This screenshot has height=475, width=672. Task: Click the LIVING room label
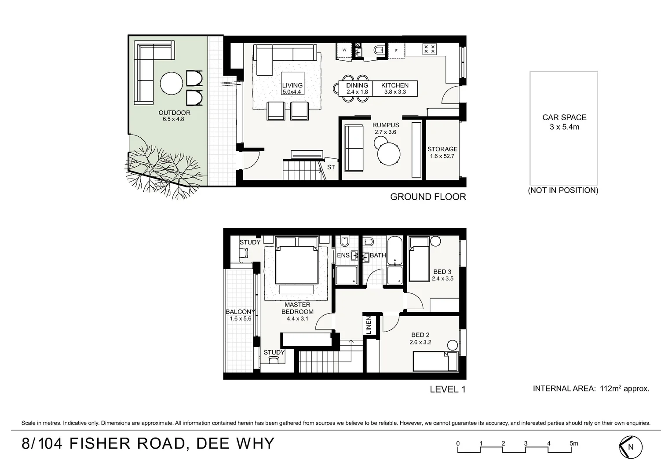click(x=292, y=85)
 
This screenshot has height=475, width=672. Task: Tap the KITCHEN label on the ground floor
click(x=395, y=85)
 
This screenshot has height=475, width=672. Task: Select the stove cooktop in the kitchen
click(x=429, y=49)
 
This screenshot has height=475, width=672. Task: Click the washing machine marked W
click(x=345, y=51)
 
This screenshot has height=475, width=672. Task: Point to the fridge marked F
click(x=396, y=51)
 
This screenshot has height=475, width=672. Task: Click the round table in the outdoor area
click(x=172, y=83)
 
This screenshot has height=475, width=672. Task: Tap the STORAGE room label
click(x=442, y=149)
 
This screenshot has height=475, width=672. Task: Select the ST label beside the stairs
click(x=331, y=167)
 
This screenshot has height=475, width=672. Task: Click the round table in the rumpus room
click(x=389, y=153)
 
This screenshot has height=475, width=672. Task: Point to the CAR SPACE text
click(x=564, y=117)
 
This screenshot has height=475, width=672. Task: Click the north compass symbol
click(x=631, y=447)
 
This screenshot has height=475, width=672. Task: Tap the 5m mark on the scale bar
click(x=573, y=443)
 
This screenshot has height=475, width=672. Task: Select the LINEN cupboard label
click(x=369, y=325)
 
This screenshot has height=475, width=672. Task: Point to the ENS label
click(x=343, y=255)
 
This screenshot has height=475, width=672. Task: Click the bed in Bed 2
click(x=435, y=361)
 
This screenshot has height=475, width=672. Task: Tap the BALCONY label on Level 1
click(x=240, y=312)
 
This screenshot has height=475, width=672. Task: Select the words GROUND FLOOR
click(x=428, y=197)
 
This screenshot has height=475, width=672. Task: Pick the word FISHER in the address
click(x=100, y=443)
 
